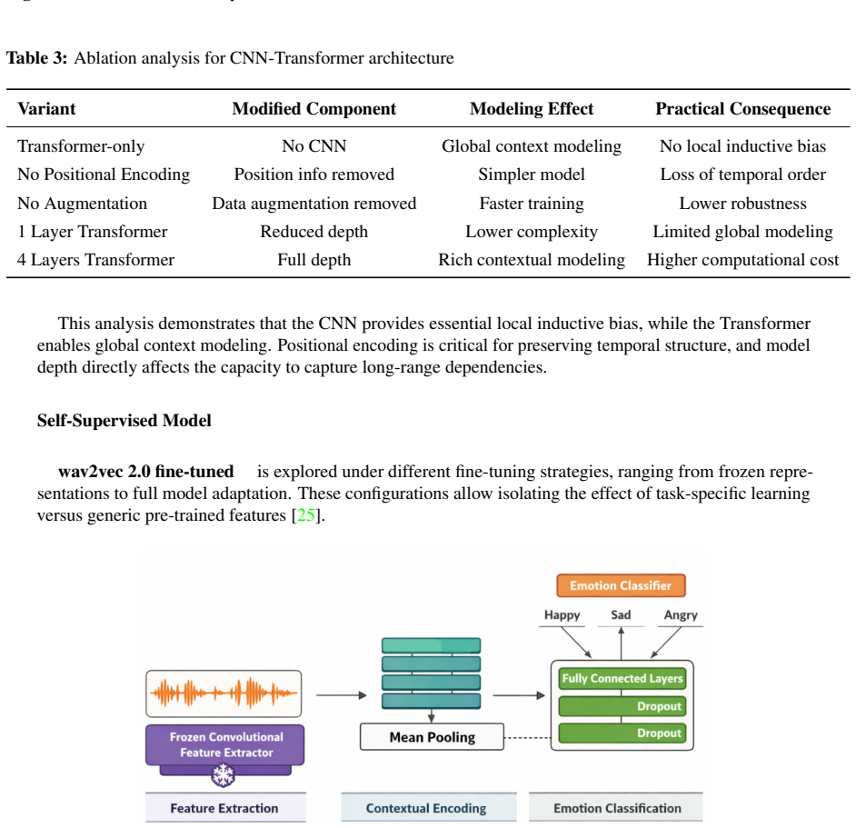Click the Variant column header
tap(46, 109)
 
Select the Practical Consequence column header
tap(742, 109)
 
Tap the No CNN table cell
tap(314, 145)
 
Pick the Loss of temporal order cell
tap(742, 175)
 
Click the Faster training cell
tap(532, 204)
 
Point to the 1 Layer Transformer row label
tap(93, 232)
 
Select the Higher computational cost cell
tap(742, 260)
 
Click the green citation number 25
tap(305, 515)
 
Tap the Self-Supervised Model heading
tap(124, 421)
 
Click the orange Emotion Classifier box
tap(621, 585)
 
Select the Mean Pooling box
tap(432, 737)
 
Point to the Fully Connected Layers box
tap(622, 678)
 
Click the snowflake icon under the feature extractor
tap(223, 775)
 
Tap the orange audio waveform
tap(224, 693)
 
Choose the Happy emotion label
tap(562, 615)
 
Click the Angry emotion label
tap(681, 615)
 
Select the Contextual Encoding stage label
tap(426, 808)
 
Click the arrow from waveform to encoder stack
tap(341, 695)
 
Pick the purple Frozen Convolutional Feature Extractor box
tap(225, 744)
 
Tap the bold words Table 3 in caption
tap(36, 58)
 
